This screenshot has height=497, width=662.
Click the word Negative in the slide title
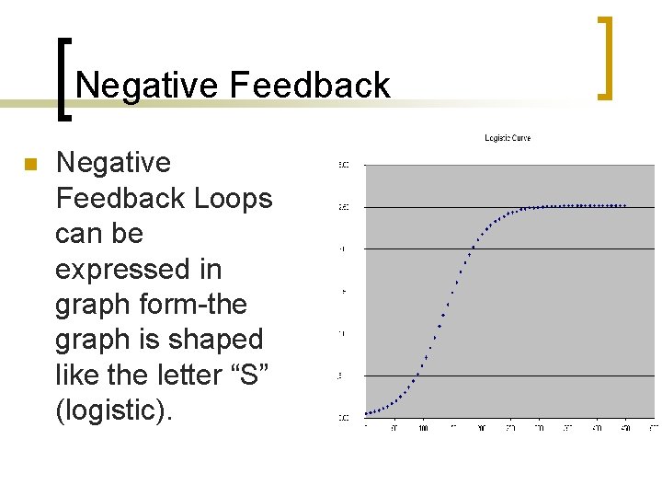pos(148,86)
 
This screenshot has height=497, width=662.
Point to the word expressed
pos(138,269)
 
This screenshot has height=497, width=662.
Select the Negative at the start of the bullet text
pos(113,163)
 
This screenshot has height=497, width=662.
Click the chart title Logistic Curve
pos(508,138)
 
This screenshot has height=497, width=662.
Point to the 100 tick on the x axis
pos(424,428)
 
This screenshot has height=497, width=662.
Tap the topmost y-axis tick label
pos(343,165)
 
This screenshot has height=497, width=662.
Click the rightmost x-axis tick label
pos(654,428)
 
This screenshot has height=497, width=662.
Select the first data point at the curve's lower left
pos(367,413)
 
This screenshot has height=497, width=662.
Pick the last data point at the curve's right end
pos(625,205)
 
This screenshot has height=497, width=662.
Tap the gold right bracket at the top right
pos(605,57)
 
